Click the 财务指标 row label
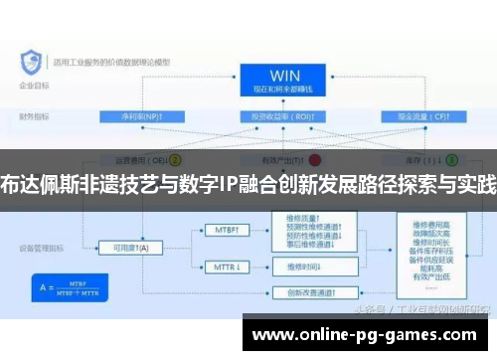[32, 116]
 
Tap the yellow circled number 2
[175, 158]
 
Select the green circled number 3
[451, 158]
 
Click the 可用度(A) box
[128, 248]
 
